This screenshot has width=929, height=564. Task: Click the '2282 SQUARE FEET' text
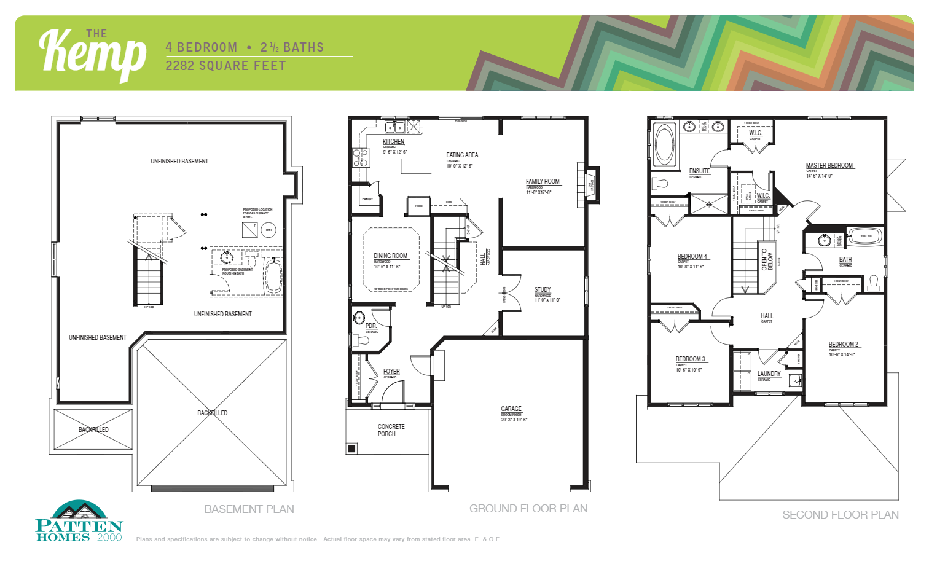225,66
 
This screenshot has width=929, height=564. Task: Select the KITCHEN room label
393,141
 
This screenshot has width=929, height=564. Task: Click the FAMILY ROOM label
543,181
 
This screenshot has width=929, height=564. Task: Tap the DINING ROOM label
390,256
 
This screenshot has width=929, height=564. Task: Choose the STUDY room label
543,289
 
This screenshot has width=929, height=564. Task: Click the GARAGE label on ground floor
511,409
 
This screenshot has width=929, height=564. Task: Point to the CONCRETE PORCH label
390,430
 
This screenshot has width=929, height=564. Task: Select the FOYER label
391,371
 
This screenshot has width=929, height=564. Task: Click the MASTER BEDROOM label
829,165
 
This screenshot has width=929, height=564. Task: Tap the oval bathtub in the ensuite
664,145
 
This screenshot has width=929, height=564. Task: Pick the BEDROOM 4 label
692,256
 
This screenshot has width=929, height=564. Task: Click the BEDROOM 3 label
690,359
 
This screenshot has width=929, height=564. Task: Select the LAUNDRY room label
769,374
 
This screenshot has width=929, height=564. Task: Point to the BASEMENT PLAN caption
249,509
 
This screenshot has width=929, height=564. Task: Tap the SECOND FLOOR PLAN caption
840,515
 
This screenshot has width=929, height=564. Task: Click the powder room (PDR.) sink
359,318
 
